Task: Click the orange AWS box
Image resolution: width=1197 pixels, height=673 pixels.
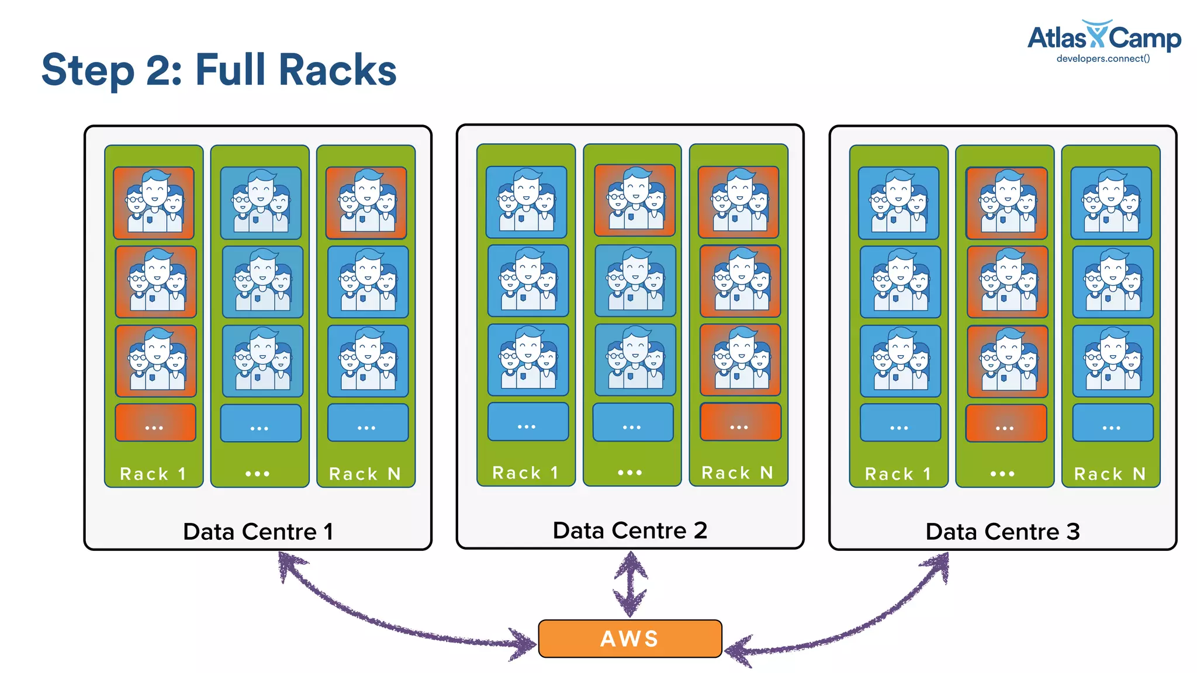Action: coord(629,639)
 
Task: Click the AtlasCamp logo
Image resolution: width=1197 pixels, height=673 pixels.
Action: coord(1103,38)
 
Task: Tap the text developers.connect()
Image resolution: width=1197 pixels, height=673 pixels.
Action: coord(1103,58)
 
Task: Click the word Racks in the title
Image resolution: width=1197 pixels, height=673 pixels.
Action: coord(337,70)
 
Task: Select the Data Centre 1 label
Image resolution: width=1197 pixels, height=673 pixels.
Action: coord(258,532)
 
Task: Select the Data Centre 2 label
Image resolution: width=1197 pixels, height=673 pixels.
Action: coord(629,530)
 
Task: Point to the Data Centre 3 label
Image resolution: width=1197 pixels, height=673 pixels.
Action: coord(1002,532)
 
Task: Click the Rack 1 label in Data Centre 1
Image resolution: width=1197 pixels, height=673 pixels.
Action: coord(153,474)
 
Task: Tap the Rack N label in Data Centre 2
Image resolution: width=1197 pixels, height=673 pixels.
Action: coord(738,473)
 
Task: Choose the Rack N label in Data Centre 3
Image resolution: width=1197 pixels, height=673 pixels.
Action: coord(1110,474)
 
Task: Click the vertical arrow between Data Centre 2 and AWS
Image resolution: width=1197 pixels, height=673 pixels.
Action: coord(630,584)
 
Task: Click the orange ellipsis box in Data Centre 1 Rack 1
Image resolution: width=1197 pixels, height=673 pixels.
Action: coord(155,422)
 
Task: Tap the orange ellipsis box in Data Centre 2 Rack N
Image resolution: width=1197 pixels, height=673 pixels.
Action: coord(740,421)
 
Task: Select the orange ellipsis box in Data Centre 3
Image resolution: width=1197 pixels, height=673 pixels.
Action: coord(1006,423)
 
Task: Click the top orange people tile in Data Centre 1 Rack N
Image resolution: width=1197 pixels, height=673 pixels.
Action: coord(366,203)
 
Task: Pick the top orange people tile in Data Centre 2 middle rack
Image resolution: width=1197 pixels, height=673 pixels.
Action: coord(634,200)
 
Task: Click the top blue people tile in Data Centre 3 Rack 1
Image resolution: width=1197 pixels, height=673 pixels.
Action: coord(898,203)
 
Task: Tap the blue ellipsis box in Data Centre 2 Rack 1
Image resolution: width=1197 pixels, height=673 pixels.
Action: coord(528,421)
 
